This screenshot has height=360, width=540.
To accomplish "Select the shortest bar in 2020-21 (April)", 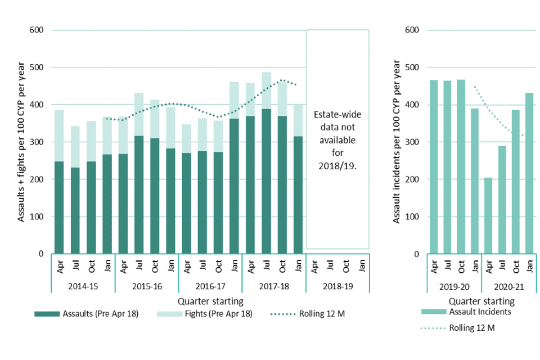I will tap(488, 216).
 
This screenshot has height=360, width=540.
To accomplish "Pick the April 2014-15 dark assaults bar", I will tap(59, 208).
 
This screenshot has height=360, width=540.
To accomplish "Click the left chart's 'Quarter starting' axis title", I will tap(211, 301).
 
